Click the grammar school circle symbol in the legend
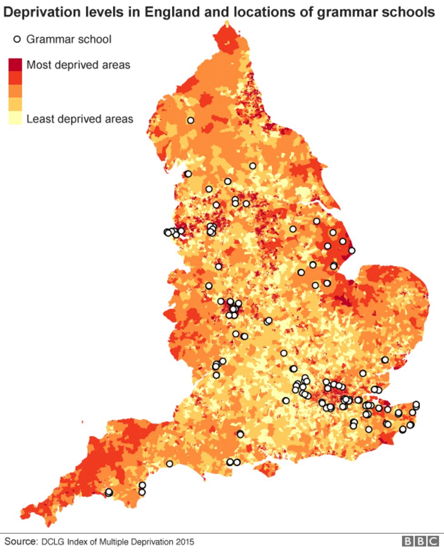tap(17, 39)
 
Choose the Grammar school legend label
tap(69, 39)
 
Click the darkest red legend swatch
tap(15, 64)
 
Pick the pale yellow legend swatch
tap(15, 118)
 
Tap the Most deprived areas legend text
tap(78, 65)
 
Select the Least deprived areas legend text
tap(80, 119)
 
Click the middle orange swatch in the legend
tap(15, 91)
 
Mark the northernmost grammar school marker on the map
tap(191, 121)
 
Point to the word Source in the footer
tap(21, 542)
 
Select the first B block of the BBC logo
tap(408, 541)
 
